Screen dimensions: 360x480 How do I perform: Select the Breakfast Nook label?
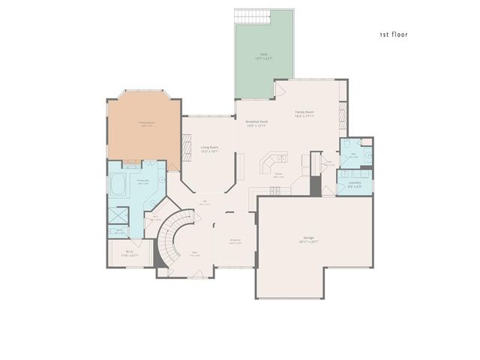point(256,123)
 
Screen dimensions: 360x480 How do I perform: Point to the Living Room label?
point(209,148)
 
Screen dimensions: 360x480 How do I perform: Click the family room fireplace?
point(343,116)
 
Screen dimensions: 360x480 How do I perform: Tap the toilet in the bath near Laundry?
point(366,142)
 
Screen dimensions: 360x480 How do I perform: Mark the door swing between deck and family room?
point(280,89)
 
